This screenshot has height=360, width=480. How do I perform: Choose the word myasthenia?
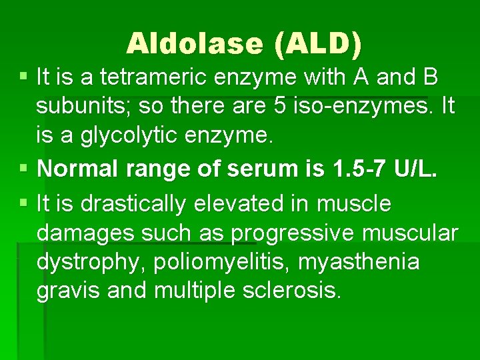(359, 262)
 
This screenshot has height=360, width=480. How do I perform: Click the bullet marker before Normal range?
(25, 169)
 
